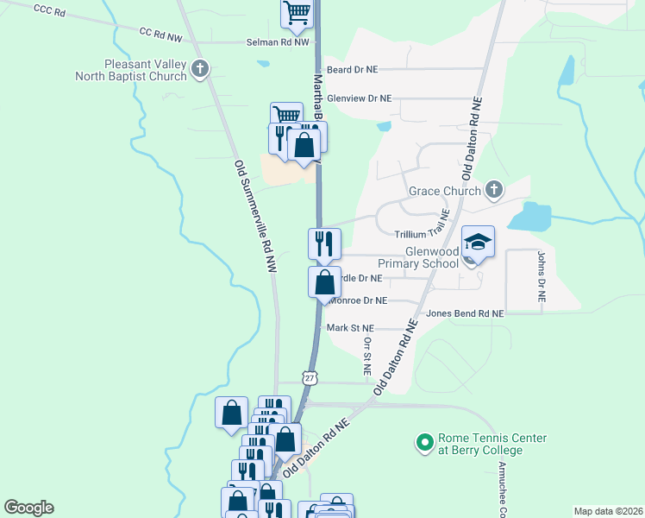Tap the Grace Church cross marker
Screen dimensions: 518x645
[494, 189]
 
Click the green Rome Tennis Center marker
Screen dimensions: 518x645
[424, 444]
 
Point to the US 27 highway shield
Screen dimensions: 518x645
[310, 377]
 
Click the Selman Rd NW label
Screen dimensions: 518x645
[277, 41]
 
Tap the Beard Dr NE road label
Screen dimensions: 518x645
[353, 69]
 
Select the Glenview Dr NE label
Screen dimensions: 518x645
[360, 99]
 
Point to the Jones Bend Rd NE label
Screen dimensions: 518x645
[465, 314]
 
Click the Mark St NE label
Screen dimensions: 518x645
[350, 328]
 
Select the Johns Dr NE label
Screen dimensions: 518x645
[541, 275]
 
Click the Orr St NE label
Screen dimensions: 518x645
[366, 355]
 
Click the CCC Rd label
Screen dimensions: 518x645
[49, 10]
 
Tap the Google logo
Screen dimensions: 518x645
[28, 508]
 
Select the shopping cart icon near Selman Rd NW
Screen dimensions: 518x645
[296, 13]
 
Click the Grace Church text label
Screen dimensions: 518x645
[446, 189]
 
